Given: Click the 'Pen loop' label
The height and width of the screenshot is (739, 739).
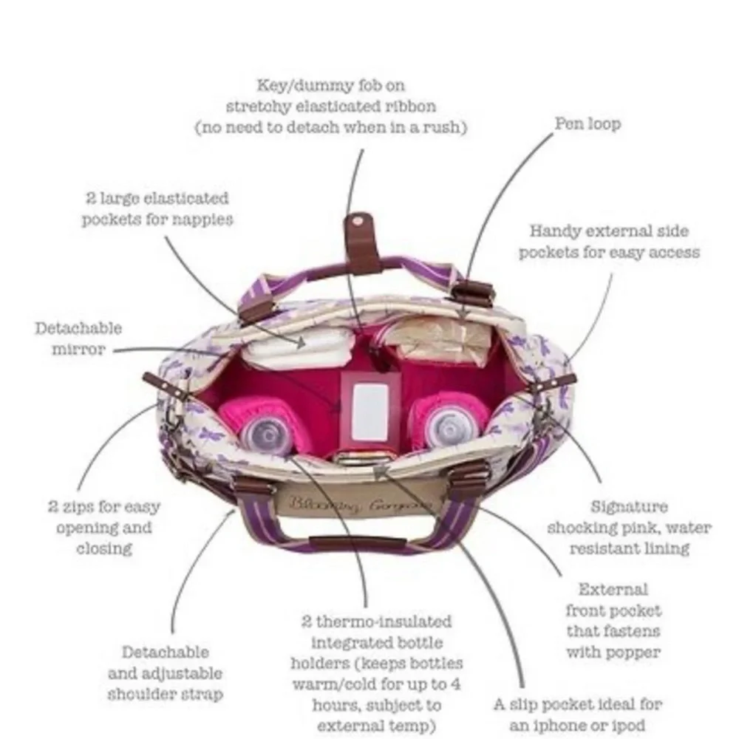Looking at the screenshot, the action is (588, 123).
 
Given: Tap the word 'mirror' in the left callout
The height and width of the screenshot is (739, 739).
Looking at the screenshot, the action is (78, 350).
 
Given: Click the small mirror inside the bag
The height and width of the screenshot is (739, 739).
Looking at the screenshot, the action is (369, 409).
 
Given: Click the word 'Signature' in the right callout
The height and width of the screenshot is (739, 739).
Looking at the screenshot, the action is (629, 507).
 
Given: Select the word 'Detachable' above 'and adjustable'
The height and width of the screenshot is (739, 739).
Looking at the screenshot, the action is (165, 653).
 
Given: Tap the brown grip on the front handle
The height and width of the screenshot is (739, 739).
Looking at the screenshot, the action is (358, 542).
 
